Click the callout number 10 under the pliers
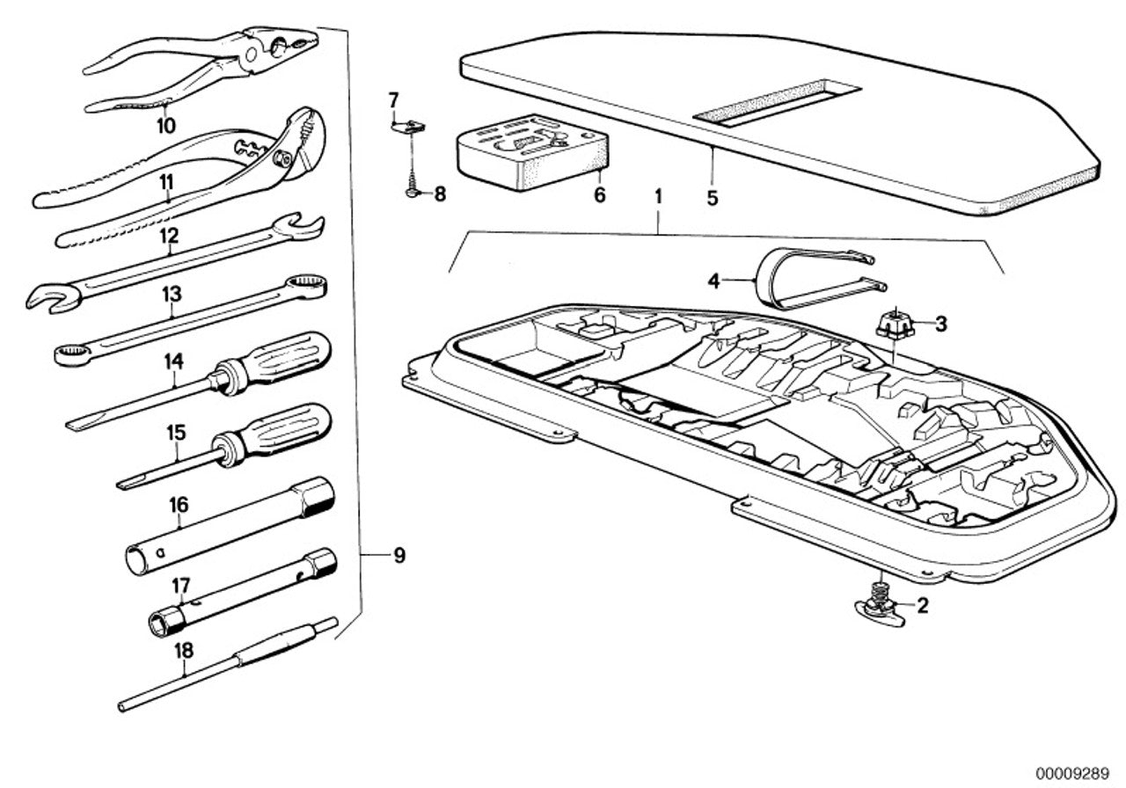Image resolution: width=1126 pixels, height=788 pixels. (166, 127)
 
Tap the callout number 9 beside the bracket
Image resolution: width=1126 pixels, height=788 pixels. (399, 556)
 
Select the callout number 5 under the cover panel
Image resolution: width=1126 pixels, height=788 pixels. (712, 199)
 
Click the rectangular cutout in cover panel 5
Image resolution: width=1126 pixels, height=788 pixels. (776, 101)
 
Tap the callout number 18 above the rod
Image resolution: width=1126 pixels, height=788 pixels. (184, 650)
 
